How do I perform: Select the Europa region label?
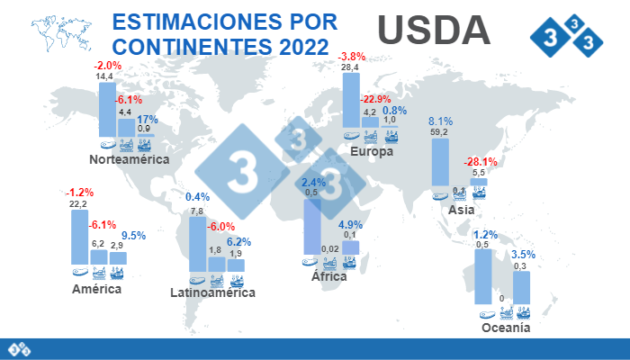coord(372,152)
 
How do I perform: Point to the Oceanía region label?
coord(506,328)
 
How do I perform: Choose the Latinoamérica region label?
coord(213,292)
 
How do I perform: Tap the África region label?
coord(329,276)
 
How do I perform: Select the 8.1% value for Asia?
coord(440,121)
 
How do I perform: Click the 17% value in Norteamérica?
coord(148,120)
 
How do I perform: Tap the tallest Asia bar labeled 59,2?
coord(440,163)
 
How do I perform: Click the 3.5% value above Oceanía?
coord(523,255)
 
